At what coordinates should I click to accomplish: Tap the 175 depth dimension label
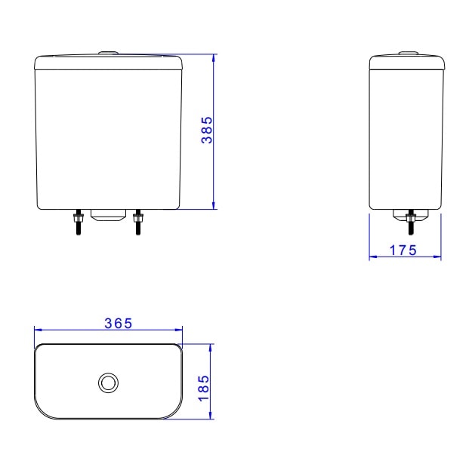pyautogui.click(x=404, y=251)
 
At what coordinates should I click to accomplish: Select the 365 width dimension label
pyautogui.click(x=119, y=323)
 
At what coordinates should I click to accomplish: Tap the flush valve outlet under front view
pyautogui.click(x=107, y=215)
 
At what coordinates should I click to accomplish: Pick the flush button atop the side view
pyautogui.click(x=408, y=52)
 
